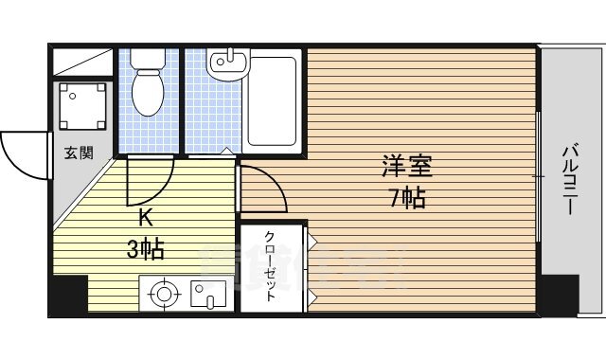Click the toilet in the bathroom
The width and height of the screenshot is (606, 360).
pyautogui.click(x=148, y=92)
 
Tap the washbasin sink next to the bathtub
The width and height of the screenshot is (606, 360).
pyautogui.click(x=227, y=64)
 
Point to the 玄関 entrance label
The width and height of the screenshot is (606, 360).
pyautogui.click(x=79, y=153)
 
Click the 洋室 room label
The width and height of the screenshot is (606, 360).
pyautogui.click(x=407, y=168)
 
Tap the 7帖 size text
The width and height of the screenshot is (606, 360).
pyautogui.click(x=407, y=198)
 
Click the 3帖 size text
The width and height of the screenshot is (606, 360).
pyautogui.click(x=146, y=249)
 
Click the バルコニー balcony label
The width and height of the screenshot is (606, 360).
pyautogui.click(x=571, y=177)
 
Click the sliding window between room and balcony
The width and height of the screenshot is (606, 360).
pyautogui.click(x=538, y=175)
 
